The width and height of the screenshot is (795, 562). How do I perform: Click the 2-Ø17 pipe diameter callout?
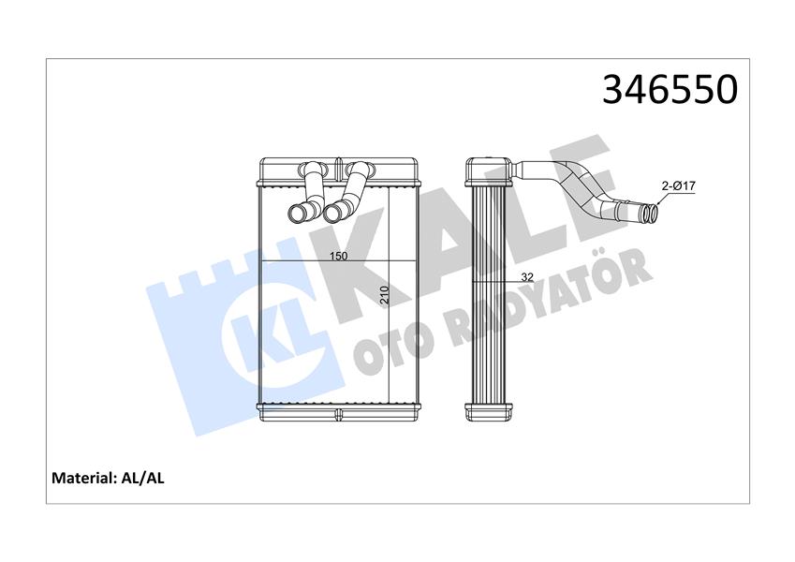point(677,186)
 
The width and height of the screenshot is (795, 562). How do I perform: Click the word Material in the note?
point(82,478)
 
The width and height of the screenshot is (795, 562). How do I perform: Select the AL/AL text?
point(143,478)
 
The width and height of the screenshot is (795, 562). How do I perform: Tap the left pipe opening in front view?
point(297,214)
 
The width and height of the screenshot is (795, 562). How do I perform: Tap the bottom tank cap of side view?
point(489,410)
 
